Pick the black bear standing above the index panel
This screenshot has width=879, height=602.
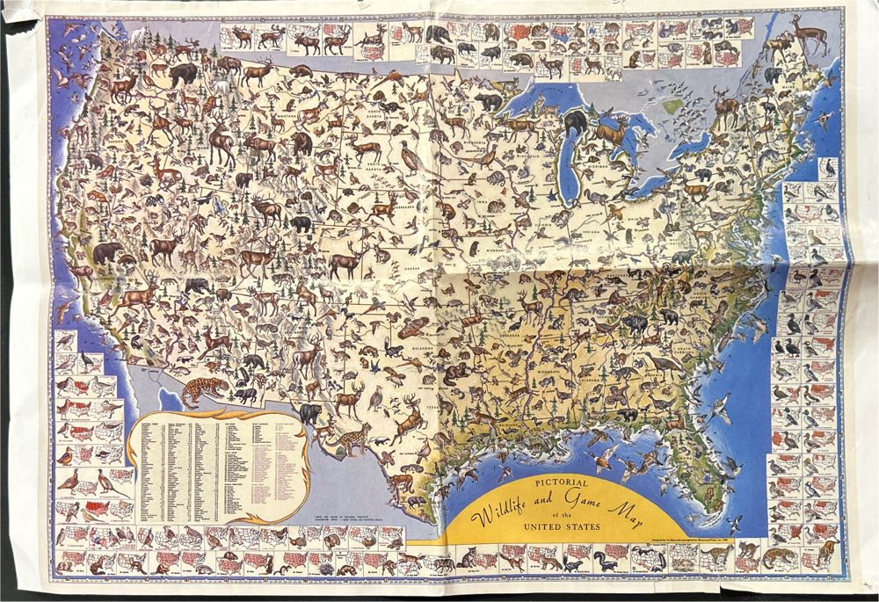tap(309, 413)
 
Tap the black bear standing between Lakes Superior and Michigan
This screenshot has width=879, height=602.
tap(577, 124)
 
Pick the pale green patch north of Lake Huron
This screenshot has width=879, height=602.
tap(673, 106)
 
